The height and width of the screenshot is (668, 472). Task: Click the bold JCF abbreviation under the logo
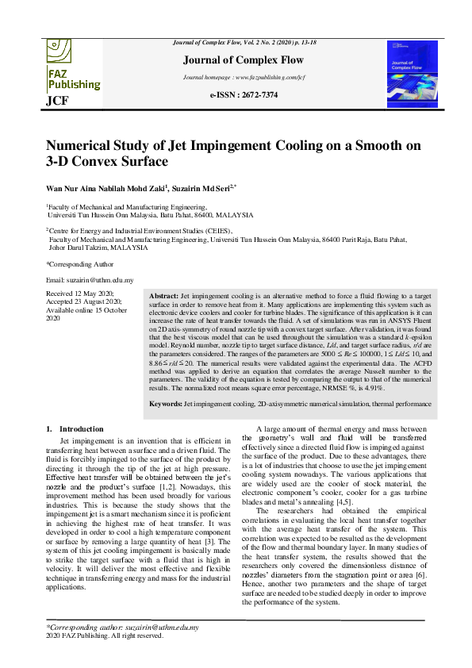tap(57, 101)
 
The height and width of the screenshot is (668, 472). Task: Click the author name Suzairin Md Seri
tap(201, 188)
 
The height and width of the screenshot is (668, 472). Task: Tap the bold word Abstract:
tap(164, 295)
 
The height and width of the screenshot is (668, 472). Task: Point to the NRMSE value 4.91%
tap(373, 389)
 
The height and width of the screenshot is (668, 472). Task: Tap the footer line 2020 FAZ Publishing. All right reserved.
tap(105, 635)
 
